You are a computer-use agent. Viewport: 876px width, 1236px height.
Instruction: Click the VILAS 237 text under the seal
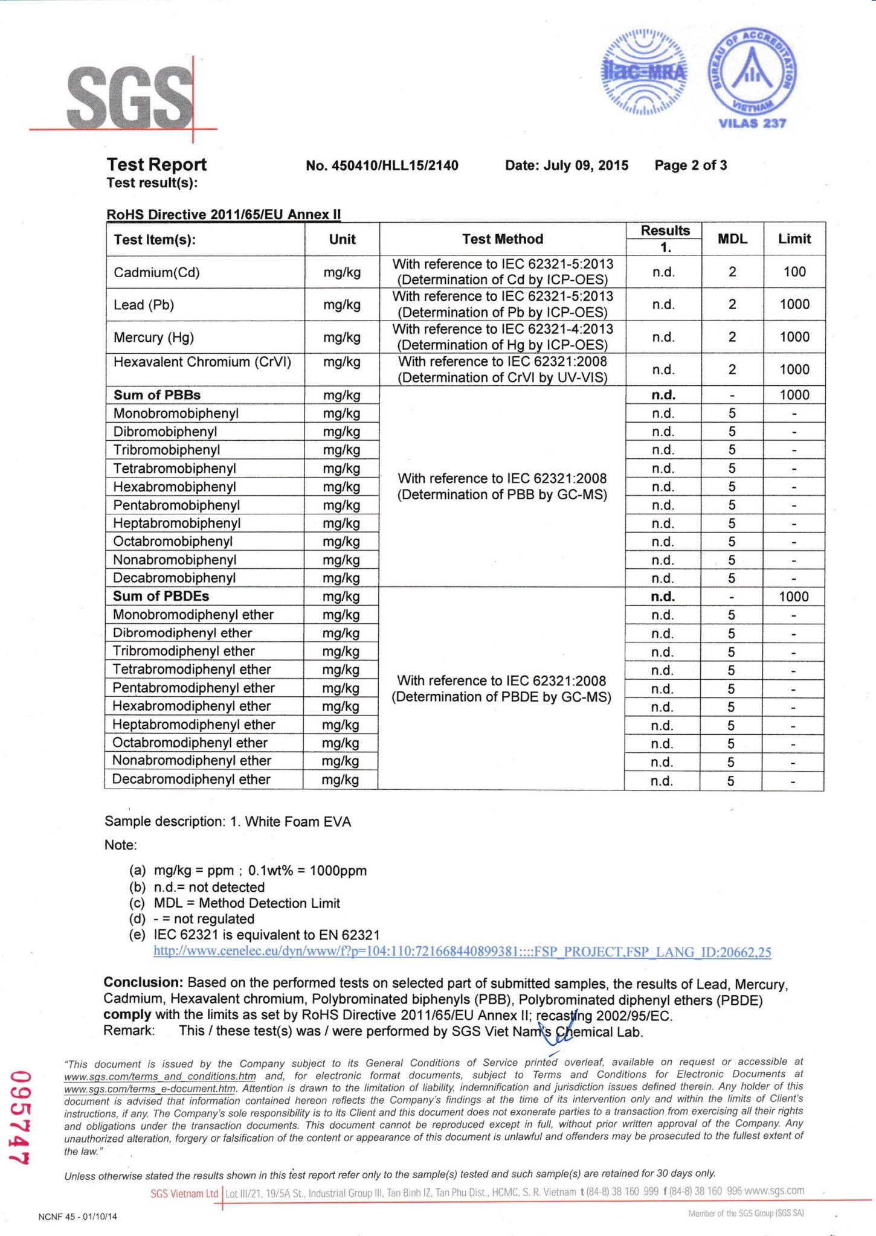point(752,124)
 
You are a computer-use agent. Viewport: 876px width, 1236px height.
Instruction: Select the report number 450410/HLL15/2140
point(382,165)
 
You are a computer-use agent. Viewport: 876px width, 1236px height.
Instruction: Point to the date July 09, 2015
point(567,165)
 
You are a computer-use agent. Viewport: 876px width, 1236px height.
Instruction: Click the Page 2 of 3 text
point(691,165)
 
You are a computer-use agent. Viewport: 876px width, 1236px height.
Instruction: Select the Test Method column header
point(502,239)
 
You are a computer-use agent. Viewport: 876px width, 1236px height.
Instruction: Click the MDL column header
point(732,239)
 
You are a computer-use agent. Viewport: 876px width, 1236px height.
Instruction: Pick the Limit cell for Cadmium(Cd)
point(794,272)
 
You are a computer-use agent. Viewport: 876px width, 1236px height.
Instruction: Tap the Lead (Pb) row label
point(144,305)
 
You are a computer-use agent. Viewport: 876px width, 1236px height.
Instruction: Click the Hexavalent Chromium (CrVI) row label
point(202,362)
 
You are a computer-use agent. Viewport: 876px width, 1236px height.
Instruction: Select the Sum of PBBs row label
point(157,395)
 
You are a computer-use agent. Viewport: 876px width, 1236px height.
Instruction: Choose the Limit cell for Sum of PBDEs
point(793,597)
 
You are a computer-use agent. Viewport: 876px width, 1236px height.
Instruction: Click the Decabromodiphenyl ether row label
point(191,780)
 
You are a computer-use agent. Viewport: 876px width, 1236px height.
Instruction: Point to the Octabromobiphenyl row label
point(173,542)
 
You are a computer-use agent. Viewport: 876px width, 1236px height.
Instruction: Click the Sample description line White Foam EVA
point(228,822)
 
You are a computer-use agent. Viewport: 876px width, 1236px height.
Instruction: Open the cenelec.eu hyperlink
point(462,952)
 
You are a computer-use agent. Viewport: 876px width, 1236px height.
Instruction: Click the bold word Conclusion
point(143,982)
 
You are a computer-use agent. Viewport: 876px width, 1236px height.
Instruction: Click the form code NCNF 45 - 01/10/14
point(77,1217)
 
